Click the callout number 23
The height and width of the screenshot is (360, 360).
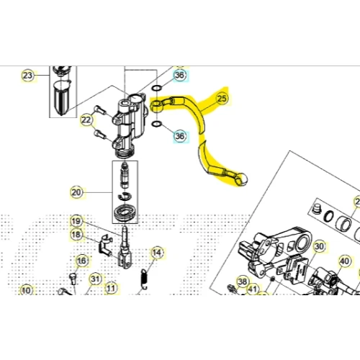(x=27, y=76)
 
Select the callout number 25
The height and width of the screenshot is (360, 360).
(x=222, y=99)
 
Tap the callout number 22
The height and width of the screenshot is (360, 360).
(x=86, y=120)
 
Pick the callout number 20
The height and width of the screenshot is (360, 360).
(x=76, y=192)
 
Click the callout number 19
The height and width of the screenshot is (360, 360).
(x=76, y=221)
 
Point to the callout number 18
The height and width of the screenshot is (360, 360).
(x=76, y=235)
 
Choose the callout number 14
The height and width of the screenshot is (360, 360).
(x=157, y=253)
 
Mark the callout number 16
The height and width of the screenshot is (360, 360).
(x=82, y=261)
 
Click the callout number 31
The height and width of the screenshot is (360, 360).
(x=95, y=279)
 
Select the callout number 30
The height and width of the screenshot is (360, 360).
(x=319, y=246)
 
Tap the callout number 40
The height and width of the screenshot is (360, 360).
(x=345, y=261)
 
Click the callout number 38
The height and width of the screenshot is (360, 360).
(x=243, y=282)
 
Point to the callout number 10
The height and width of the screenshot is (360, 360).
(x=26, y=290)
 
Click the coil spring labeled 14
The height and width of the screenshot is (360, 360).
(x=144, y=279)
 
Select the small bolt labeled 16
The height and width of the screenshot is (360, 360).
(x=73, y=279)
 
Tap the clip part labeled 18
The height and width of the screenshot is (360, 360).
(x=105, y=245)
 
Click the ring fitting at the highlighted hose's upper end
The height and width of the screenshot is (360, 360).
(x=156, y=106)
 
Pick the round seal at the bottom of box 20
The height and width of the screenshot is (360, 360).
(x=125, y=212)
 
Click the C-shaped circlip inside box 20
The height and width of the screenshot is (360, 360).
(x=125, y=197)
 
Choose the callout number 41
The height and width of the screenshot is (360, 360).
(x=253, y=289)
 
